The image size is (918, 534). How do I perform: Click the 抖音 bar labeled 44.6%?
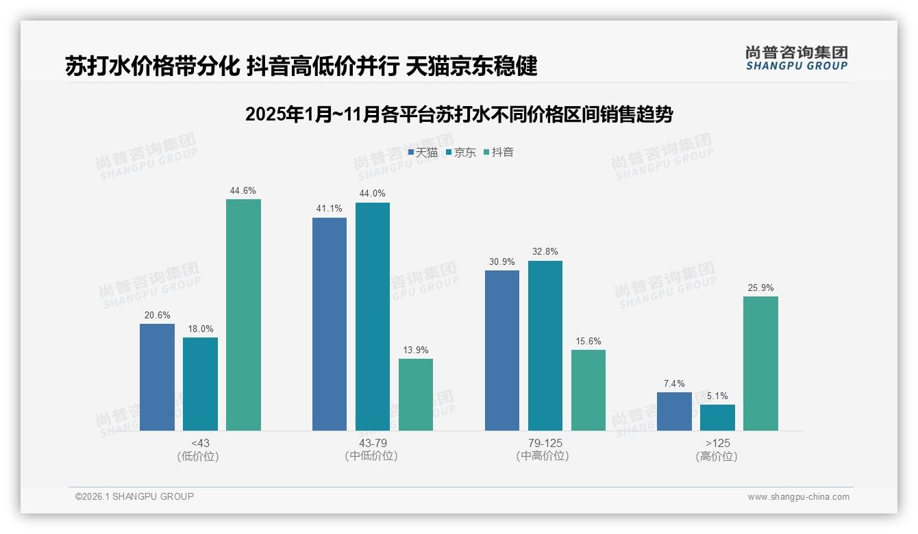point(243,315)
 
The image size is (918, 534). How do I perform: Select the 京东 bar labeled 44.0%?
point(372,316)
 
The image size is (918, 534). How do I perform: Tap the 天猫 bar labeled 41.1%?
point(330,324)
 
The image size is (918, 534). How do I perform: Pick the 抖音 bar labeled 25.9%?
point(760,364)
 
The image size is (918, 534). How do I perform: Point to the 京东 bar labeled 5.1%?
point(717,418)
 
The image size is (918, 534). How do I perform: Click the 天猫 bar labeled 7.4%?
point(674,411)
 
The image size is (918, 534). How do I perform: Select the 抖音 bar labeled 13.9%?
point(416,394)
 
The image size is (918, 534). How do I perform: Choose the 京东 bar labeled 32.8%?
point(545,346)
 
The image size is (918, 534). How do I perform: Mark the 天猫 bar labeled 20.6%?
point(157,377)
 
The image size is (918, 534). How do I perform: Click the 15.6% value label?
point(588,342)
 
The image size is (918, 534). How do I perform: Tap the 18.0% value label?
point(200,329)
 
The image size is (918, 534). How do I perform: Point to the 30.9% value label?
point(502,262)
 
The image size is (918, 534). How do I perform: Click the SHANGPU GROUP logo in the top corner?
point(796,58)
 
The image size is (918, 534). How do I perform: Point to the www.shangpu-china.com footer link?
point(798,497)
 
